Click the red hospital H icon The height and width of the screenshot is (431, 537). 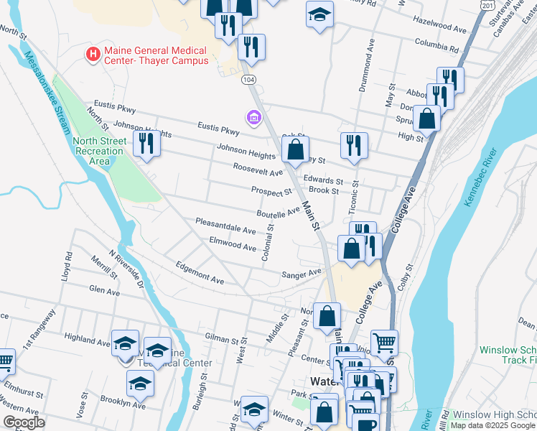(x=93, y=53)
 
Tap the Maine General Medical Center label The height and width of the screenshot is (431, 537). (x=156, y=55)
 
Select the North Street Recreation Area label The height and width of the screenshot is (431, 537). (x=98, y=151)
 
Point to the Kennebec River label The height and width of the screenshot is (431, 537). (x=480, y=177)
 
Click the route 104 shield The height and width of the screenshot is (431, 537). (x=248, y=78)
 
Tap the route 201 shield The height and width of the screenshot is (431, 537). (x=489, y=5)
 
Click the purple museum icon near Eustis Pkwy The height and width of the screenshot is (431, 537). (x=253, y=116)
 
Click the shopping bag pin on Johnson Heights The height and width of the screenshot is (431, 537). (x=295, y=149)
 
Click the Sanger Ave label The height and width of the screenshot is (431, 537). (x=302, y=274)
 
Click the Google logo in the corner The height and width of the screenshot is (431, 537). (x=24, y=422)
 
